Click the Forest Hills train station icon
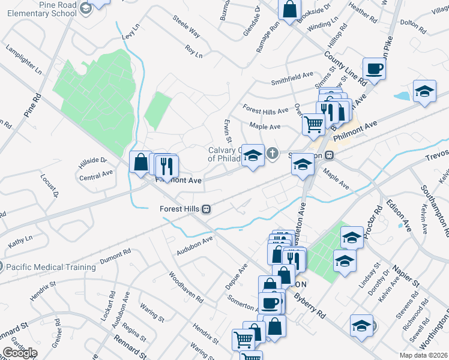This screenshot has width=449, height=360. (206, 209)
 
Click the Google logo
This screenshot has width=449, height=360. (20, 353)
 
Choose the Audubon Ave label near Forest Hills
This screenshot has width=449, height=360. (195, 246)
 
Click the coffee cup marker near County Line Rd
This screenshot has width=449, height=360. (374, 68)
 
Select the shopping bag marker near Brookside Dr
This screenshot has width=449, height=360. (289, 8)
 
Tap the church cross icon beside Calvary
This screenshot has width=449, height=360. (273, 154)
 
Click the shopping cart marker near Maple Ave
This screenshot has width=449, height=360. (313, 124)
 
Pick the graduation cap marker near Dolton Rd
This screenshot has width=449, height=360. (424, 91)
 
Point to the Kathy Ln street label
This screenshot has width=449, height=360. (20, 243)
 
